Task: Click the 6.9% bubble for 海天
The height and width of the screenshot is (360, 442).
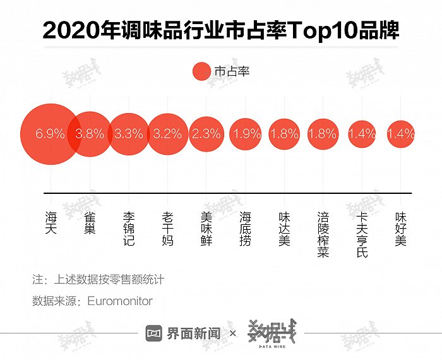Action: click(x=51, y=134)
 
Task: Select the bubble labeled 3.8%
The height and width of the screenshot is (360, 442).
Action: click(x=90, y=134)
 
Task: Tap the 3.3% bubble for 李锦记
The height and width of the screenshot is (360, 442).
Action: click(x=128, y=134)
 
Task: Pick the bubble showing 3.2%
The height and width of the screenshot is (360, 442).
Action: click(x=167, y=134)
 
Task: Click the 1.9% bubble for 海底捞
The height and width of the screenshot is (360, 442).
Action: click(x=245, y=134)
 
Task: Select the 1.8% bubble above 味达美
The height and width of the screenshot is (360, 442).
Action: click(x=284, y=134)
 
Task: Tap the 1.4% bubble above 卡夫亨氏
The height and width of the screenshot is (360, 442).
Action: click(x=362, y=134)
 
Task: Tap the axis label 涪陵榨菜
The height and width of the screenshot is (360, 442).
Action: click(x=323, y=234)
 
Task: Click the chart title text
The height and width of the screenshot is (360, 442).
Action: click(x=221, y=30)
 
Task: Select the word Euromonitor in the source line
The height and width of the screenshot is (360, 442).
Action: click(x=120, y=301)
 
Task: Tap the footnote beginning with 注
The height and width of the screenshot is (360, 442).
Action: click(x=98, y=279)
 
